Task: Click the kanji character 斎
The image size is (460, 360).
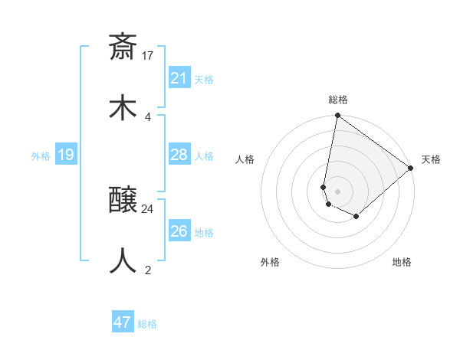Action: point(123,47)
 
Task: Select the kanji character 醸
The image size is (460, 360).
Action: point(123,201)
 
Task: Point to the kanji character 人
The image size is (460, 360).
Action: point(123,260)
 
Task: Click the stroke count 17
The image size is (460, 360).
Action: point(148,55)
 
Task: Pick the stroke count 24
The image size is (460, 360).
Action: point(148,208)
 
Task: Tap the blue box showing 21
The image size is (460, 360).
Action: point(179,78)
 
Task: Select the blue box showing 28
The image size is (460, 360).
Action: point(179,155)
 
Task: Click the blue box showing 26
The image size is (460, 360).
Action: point(179,231)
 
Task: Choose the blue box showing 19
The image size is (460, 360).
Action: point(66,155)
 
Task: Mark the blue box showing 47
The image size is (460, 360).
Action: point(123,322)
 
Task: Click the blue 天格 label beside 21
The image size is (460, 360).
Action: point(204,80)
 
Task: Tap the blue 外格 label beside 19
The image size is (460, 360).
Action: point(41,156)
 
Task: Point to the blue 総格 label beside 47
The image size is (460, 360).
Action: point(147,324)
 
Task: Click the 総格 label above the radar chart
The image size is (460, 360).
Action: point(338,100)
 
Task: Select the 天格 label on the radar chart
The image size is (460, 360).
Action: point(431,159)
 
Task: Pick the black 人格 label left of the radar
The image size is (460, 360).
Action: point(245,159)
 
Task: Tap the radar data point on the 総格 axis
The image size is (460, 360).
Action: point(337,116)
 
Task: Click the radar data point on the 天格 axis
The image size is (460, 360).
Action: point(411,168)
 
